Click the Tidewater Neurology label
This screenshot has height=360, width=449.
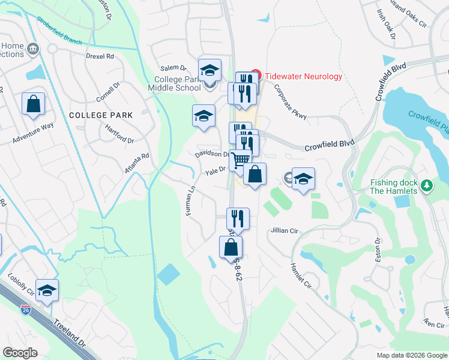303,76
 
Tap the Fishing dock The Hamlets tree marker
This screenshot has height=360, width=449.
427,186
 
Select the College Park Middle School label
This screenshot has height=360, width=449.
177,83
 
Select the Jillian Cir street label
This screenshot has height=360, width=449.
285,230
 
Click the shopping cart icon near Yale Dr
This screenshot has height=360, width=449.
240,160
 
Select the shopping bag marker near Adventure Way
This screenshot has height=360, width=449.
34,103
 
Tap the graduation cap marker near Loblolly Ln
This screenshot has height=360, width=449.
47,290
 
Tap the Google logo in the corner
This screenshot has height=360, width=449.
20,353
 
